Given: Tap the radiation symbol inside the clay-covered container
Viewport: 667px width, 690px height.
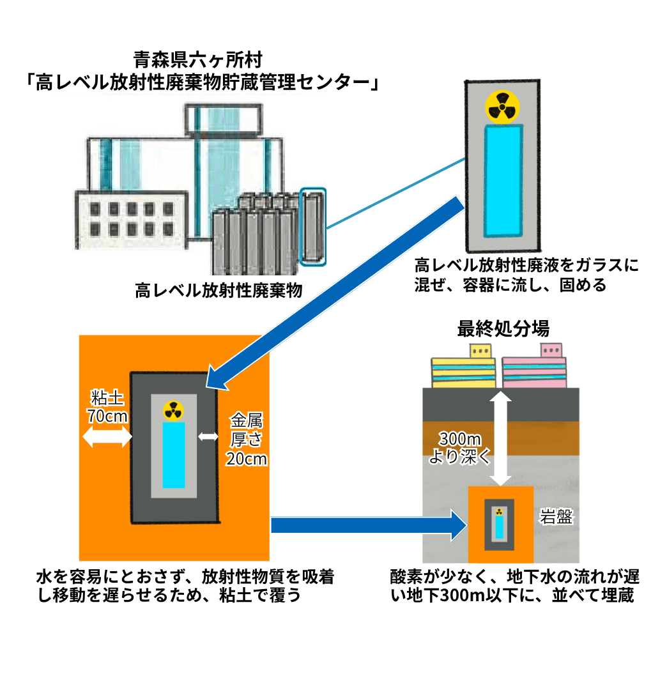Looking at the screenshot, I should pos(172,410).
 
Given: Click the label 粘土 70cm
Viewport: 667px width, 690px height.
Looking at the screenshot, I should pos(107,407).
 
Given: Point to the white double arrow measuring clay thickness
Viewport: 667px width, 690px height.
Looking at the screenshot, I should pos(107,438).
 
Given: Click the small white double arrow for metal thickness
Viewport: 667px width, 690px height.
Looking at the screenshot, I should pos(208,437).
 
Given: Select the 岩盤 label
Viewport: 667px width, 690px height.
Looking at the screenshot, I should pos(556,517).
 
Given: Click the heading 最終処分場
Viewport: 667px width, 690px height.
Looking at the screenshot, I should pos(503,329).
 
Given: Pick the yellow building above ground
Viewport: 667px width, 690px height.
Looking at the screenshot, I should pos(463,369).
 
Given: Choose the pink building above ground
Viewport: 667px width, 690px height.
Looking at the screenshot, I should pos(534,369).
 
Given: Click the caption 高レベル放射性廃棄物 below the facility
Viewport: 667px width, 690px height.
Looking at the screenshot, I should pos(218,291).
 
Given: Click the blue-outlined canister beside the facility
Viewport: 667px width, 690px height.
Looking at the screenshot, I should pos(312,226).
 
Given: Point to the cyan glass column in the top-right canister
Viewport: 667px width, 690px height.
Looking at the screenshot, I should pos(503,181).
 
